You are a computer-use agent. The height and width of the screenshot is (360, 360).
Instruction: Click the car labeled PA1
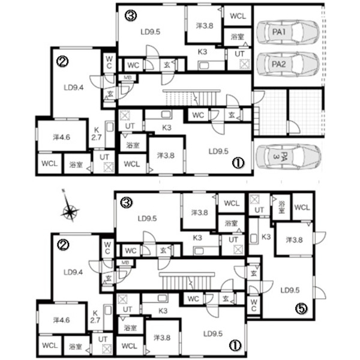pos(288,32)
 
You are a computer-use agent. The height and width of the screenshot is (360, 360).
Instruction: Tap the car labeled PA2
pos(288,64)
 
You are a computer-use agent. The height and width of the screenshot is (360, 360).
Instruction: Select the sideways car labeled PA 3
pos(288,157)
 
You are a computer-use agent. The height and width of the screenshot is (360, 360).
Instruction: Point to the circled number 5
pos(301,309)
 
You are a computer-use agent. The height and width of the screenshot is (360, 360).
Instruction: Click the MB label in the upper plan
pos(127,77)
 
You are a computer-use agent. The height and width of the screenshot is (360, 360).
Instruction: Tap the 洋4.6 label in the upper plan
pos(61,137)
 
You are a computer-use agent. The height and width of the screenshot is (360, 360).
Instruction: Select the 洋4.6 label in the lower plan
pos(61,320)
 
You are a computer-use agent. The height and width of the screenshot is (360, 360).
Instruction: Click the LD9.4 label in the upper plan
pos(74,88)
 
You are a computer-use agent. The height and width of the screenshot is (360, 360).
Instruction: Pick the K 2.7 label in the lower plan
pos(95,316)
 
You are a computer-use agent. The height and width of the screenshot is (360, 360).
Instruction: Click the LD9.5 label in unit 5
pos(290,290)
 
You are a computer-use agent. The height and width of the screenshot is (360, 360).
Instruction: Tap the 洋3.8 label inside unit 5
pos(294,240)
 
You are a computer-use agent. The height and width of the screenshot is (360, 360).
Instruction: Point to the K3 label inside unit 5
pos(266,236)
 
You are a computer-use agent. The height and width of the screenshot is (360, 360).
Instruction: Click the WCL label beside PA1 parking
pos(238,16)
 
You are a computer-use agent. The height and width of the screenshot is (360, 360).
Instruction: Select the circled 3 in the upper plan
pos(131,16)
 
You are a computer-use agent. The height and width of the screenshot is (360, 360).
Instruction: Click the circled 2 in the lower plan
pos(64,245)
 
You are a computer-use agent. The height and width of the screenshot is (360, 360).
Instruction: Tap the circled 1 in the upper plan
pos(238,163)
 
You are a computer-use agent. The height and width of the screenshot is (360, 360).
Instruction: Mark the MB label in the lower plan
pos(125,262)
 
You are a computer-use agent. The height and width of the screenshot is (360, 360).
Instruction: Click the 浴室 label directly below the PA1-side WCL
pos(237,37)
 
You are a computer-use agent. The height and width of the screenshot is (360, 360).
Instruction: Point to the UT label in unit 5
pos(259,210)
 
